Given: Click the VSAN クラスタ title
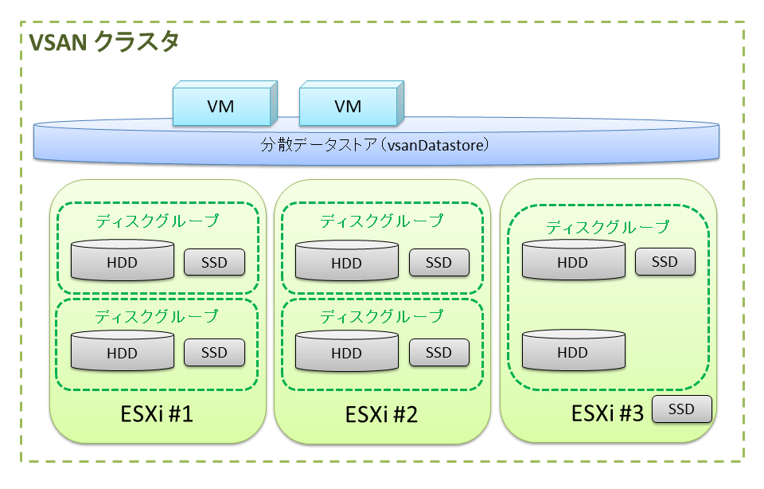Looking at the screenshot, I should pyautogui.click(x=103, y=43).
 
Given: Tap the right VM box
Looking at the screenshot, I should pyautogui.click(x=348, y=106).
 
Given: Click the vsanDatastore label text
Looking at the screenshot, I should pyautogui.click(x=374, y=146).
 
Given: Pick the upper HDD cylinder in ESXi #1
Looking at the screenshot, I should pyautogui.click(x=122, y=261).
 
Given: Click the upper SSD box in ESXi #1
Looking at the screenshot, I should pyautogui.click(x=214, y=262).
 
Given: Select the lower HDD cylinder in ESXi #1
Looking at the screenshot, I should pyautogui.click(x=122, y=352).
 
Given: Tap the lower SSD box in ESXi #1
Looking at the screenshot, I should pyautogui.click(x=214, y=352).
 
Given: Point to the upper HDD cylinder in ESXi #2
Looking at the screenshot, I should pyautogui.click(x=346, y=262).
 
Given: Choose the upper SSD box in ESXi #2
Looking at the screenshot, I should pyautogui.click(x=439, y=262).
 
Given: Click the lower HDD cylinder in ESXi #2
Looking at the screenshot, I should pyautogui.click(x=346, y=352).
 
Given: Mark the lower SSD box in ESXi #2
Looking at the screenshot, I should pyautogui.click(x=439, y=352).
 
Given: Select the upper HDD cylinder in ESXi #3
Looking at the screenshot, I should pyautogui.click(x=572, y=261).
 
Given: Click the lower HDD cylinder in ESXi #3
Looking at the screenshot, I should pyautogui.click(x=572, y=351).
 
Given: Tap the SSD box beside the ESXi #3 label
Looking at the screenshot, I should pyautogui.click(x=681, y=409).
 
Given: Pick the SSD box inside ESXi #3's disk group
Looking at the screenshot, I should pyautogui.click(x=665, y=261).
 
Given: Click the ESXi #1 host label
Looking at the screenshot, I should pyautogui.click(x=157, y=415).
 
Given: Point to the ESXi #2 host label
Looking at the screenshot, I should pyautogui.click(x=382, y=415).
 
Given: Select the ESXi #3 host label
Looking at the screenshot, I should pyautogui.click(x=607, y=414).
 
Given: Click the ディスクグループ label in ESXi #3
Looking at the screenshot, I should pyautogui.click(x=607, y=227).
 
